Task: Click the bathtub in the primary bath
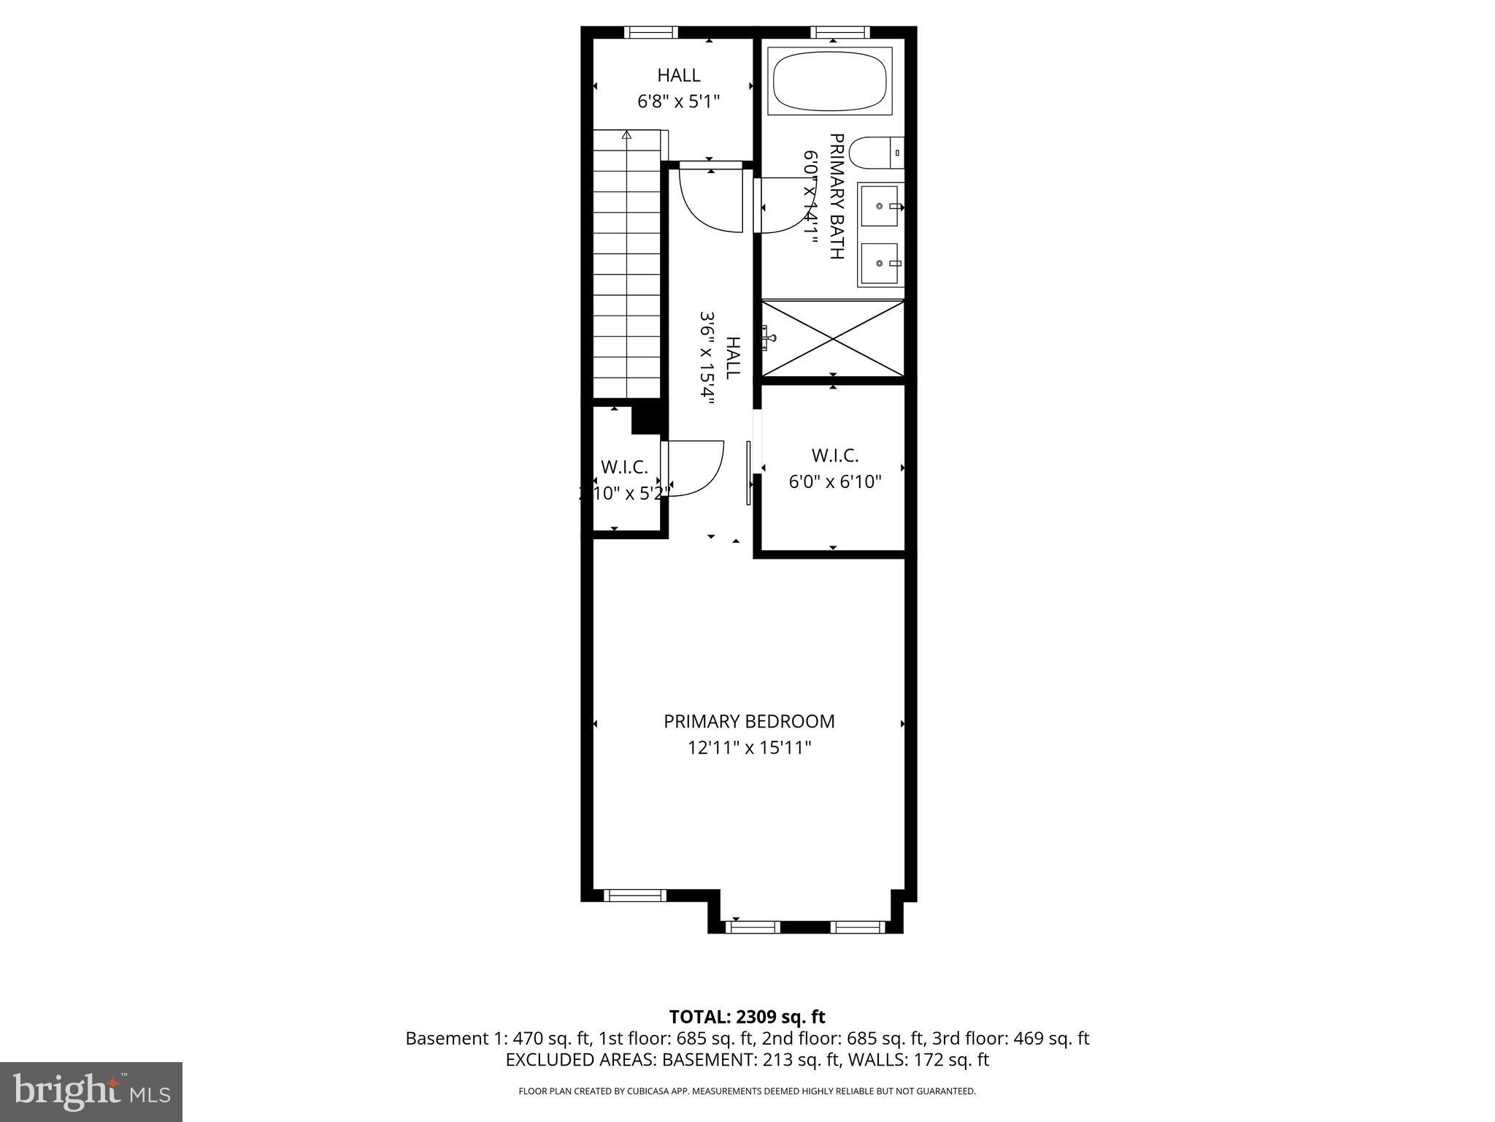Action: click(830, 80)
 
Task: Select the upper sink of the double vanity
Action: click(879, 206)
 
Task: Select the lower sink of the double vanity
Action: click(879, 263)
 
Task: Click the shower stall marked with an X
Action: click(833, 339)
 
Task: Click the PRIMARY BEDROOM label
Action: click(749, 722)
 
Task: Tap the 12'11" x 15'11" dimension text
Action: click(749, 748)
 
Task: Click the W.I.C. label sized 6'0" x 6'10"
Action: click(834, 456)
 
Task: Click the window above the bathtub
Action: click(839, 32)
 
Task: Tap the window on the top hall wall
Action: click(650, 32)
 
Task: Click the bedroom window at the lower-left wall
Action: click(634, 896)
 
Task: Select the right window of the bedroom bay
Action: click(857, 927)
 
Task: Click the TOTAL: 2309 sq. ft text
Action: click(747, 1017)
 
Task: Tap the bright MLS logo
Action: click(91, 1091)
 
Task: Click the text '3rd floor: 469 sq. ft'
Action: click(1010, 1038)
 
